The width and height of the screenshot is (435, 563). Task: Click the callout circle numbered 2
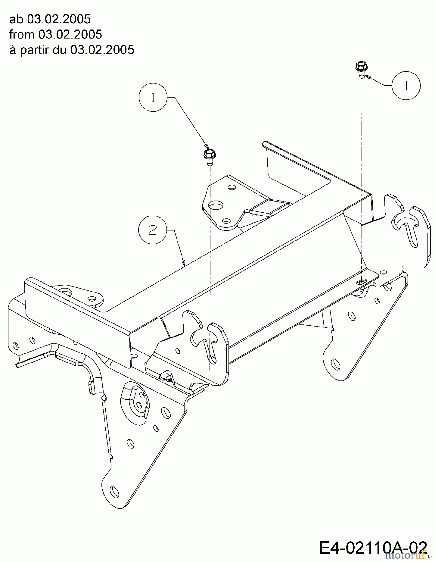coord(152,231)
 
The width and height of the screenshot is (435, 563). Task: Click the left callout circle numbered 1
coord(153,98)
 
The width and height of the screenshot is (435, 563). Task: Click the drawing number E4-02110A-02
coord(372,548)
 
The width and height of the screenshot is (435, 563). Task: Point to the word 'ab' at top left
coord(16,19)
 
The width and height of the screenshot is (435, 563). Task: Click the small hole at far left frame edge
coord(16,346)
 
